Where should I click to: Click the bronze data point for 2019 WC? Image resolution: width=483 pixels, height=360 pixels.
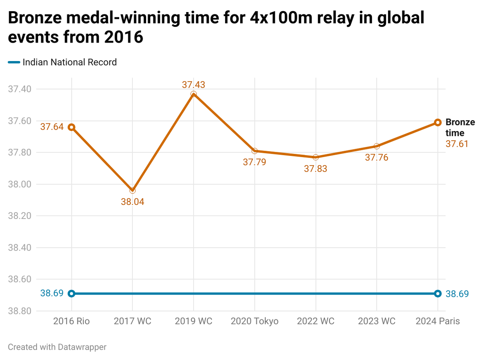(194, 94)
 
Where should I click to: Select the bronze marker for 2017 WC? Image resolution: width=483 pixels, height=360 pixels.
(132, 190)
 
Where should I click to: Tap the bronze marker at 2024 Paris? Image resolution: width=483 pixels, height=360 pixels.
(438, 122)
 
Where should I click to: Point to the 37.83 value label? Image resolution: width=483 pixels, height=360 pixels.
(316, 169)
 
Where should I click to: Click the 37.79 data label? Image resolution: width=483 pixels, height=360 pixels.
(254, 163)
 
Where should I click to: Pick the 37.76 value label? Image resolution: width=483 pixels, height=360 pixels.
(377, 157)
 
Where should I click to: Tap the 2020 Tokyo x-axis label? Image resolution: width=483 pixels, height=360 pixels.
(254, 321)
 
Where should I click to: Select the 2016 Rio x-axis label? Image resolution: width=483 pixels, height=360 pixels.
(72, 321)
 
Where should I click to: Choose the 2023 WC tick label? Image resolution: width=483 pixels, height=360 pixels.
(377, 321)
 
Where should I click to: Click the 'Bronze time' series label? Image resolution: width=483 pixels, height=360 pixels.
(460, 127)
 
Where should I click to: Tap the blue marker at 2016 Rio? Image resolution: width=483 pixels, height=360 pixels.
(72, 294)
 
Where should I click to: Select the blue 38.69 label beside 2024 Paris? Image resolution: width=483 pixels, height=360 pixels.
(457, 294)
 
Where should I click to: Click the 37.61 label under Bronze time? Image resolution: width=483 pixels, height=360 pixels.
(457, 144)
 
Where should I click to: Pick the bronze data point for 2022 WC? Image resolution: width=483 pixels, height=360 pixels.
(316, 157)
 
